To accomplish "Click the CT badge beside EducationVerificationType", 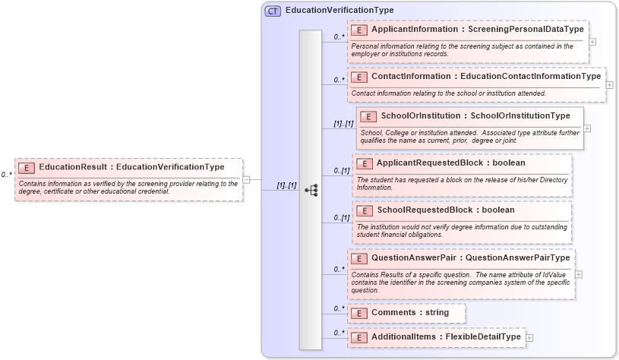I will coord(273,11).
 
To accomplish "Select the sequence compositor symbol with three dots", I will coord(311,190).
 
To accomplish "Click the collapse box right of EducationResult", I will coord(247,180).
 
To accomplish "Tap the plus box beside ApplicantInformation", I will coord(592,42).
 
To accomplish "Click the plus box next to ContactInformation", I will coord(609,84).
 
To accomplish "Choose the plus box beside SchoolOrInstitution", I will coord(587,128).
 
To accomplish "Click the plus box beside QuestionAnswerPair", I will coord(579,274).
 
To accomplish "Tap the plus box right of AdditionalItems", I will coord(529,337).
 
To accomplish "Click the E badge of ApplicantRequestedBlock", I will coord(365,163).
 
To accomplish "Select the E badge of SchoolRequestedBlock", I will coord(365,210).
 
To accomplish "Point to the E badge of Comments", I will coord(359,313).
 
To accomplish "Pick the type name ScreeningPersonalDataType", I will coord(521,29).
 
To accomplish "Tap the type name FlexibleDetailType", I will coord(483,336).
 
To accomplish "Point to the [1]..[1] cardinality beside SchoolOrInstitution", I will coord(343,124).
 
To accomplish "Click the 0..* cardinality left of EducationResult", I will coord(7,175).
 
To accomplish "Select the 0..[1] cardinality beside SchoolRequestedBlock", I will coord(342,218).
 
